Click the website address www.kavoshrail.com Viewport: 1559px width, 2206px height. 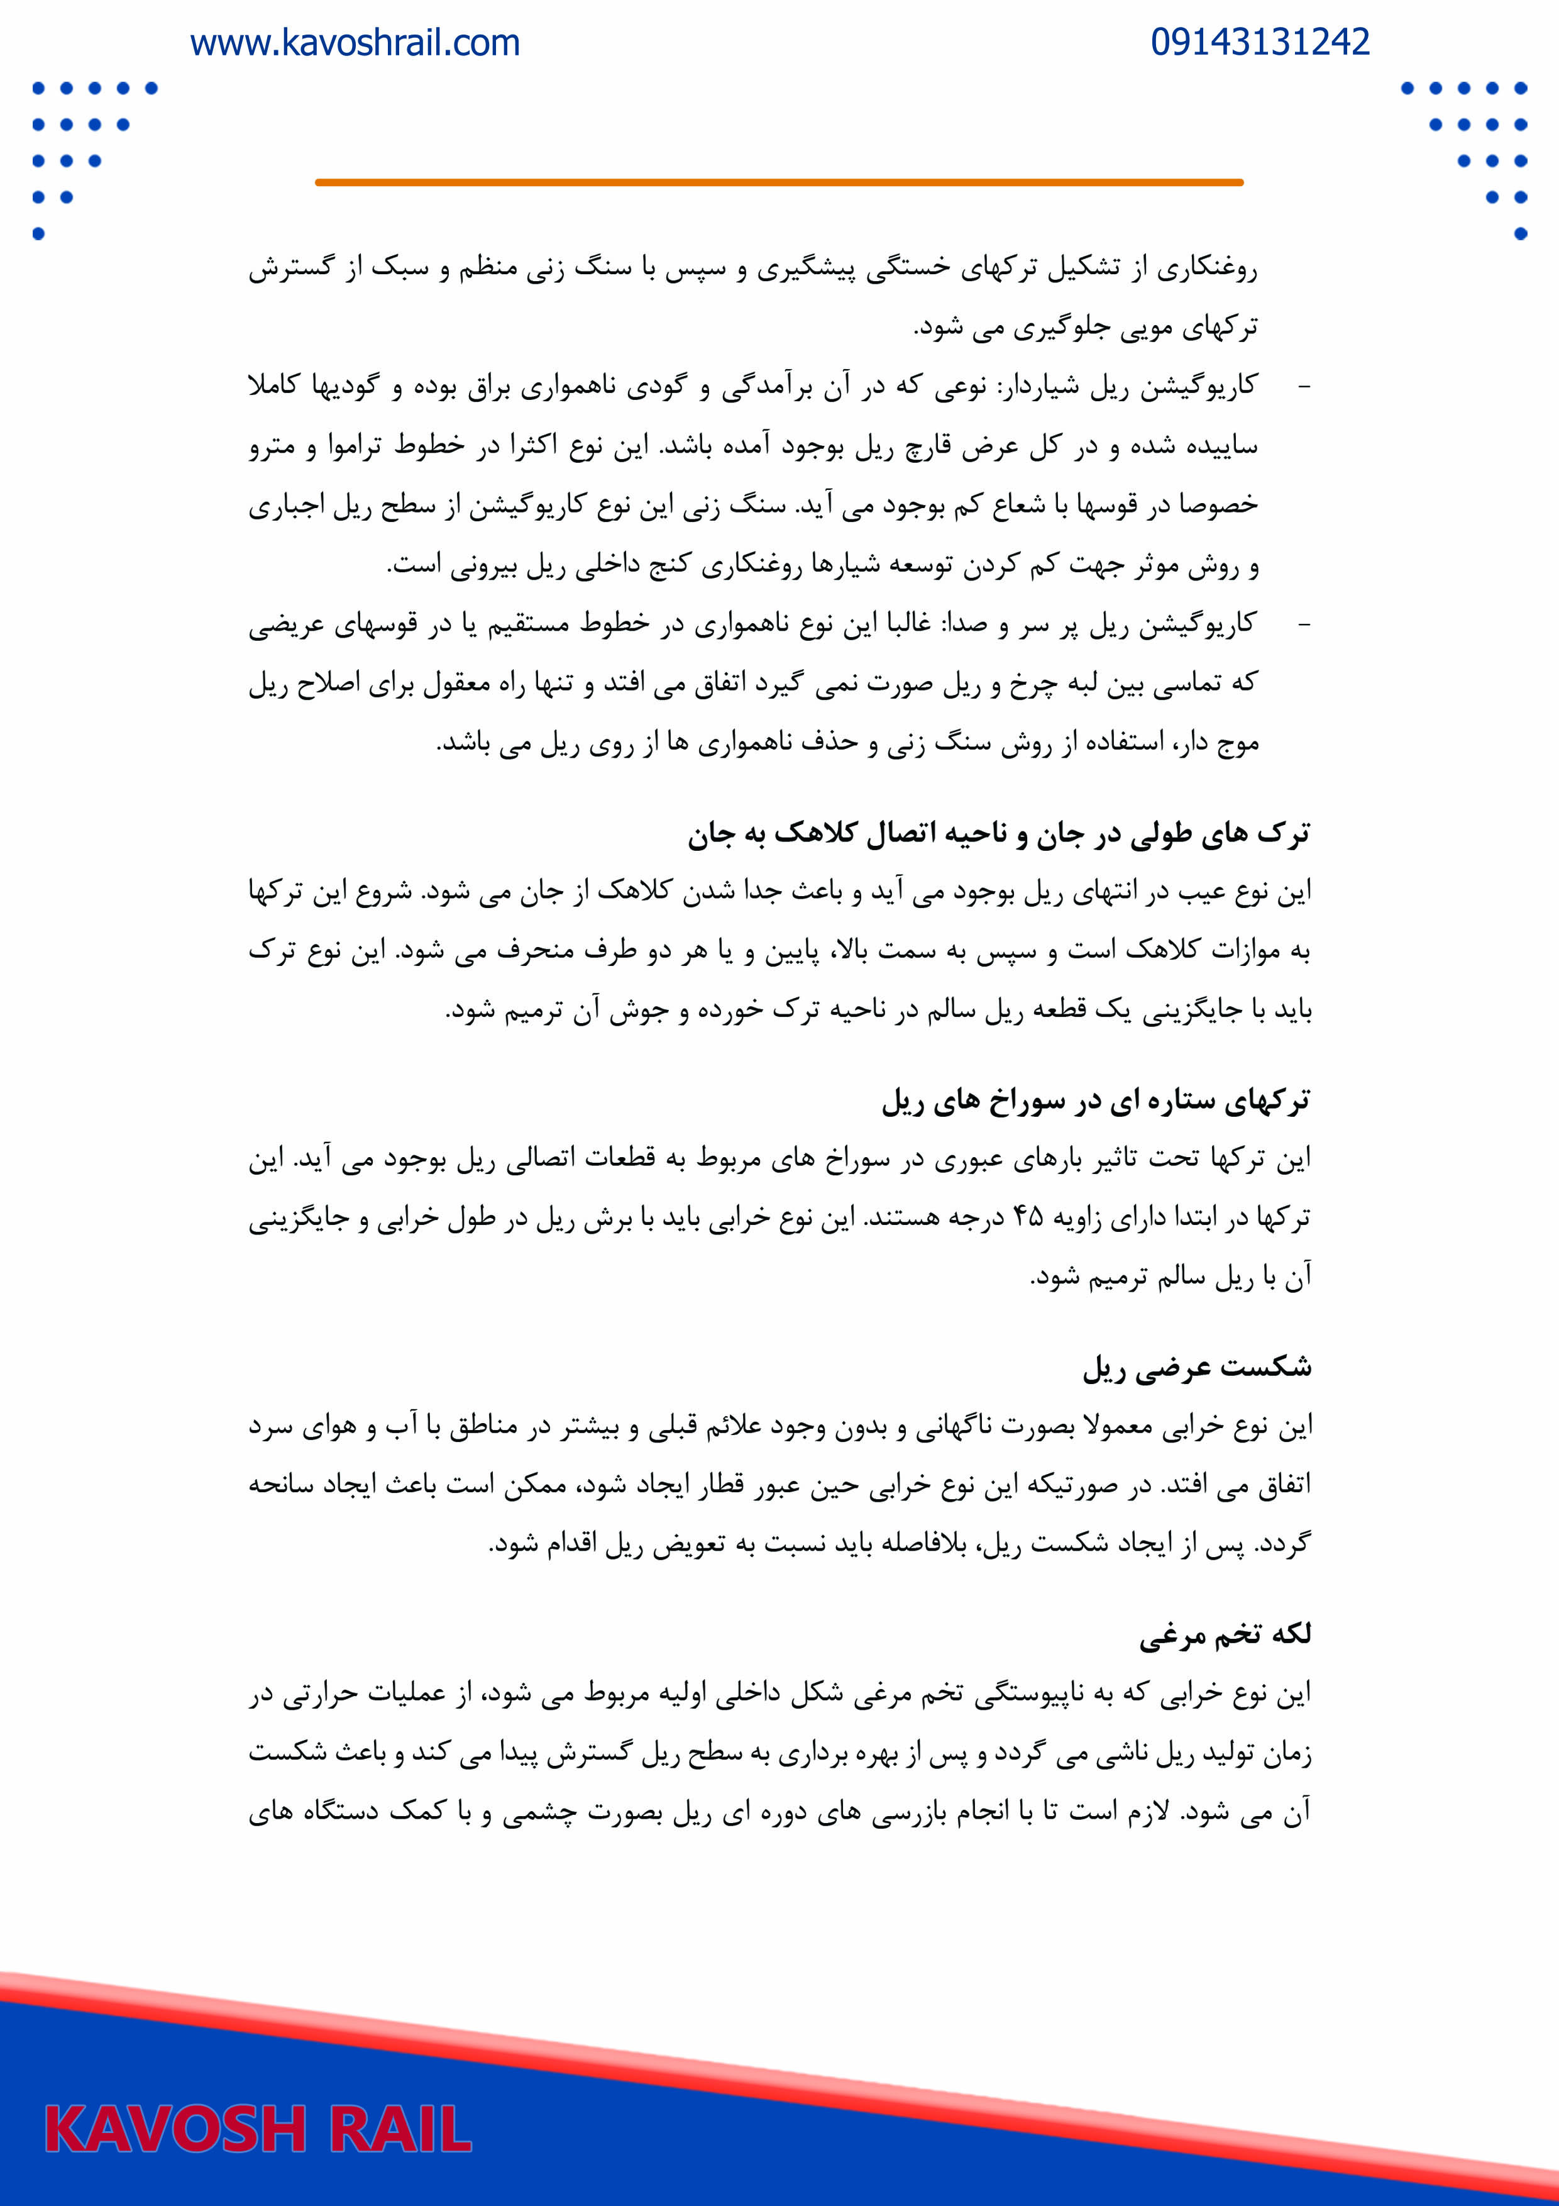(355, 43)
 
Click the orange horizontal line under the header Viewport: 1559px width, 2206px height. (779, 182)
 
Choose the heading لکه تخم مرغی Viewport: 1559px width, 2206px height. (1225, 1634)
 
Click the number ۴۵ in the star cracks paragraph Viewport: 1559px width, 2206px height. (1027, 1217)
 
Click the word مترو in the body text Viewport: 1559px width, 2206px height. (272, 446)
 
